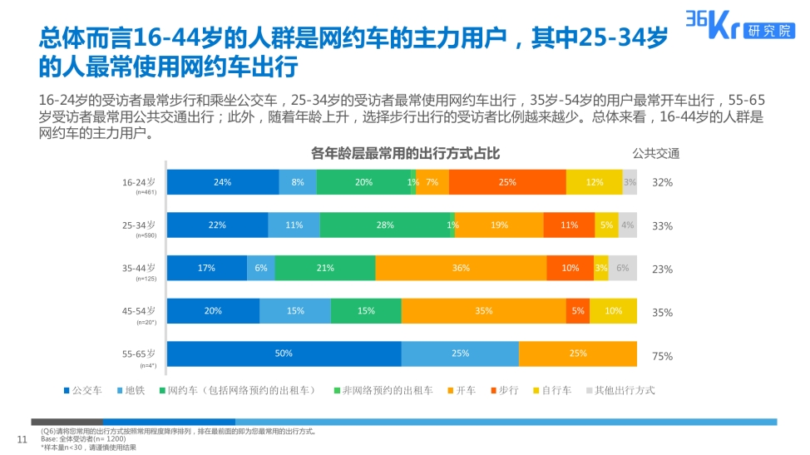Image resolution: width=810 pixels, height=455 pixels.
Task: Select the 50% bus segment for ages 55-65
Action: (x=284, y=354)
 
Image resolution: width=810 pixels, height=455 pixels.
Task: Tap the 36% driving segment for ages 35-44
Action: (x=461, y=268)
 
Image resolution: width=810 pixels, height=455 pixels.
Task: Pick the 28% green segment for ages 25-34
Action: (x=384, y=225)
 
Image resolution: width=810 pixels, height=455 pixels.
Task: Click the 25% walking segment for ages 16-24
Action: (x=507, y=182)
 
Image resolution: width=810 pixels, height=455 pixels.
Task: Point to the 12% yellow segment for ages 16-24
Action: (x=594, y=182)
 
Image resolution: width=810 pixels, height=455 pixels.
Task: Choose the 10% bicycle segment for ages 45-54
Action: (x=613, y=311)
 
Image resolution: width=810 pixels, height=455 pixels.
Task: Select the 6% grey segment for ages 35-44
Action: (x=623, y=268)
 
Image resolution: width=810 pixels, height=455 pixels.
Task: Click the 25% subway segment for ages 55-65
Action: (x=460, y=354)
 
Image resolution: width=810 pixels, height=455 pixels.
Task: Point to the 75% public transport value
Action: (x=662, y=356)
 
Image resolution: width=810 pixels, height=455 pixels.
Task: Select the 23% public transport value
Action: (x=662, y=270)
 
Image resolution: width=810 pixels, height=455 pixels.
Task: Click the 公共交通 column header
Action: (x=655, y=153)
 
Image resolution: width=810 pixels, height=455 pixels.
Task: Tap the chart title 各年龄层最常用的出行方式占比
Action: (x=405, y=153)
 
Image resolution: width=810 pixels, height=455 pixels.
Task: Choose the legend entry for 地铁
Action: (x=134, y=390)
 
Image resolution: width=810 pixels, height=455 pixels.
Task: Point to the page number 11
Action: (x=23, y=438)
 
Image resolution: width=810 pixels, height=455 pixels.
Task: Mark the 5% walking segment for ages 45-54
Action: (x=578, y=311)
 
